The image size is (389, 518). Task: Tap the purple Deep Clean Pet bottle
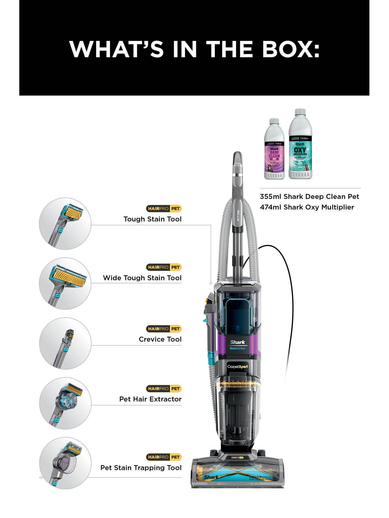click(274, 150)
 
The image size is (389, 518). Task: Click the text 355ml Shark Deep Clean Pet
click(309, 197)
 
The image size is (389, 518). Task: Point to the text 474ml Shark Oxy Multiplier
click(307, 207)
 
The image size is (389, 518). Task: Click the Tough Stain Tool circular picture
click(65, 224)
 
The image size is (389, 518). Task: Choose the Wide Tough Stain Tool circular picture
click(65, 283)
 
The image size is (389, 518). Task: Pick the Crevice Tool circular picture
click(65, 343)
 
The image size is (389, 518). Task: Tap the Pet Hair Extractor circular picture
click(65, 403)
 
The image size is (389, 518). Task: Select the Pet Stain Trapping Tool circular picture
click(65, 463)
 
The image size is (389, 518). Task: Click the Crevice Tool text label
click(160, 339)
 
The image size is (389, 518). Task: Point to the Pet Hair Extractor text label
click(150, 399)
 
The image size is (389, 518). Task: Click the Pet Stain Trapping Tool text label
click(141, 468)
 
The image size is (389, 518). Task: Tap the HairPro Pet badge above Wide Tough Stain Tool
click(163, 267)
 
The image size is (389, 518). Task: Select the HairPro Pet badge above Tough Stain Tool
click(163, 209)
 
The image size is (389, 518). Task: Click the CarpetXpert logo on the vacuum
click(237, 367)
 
